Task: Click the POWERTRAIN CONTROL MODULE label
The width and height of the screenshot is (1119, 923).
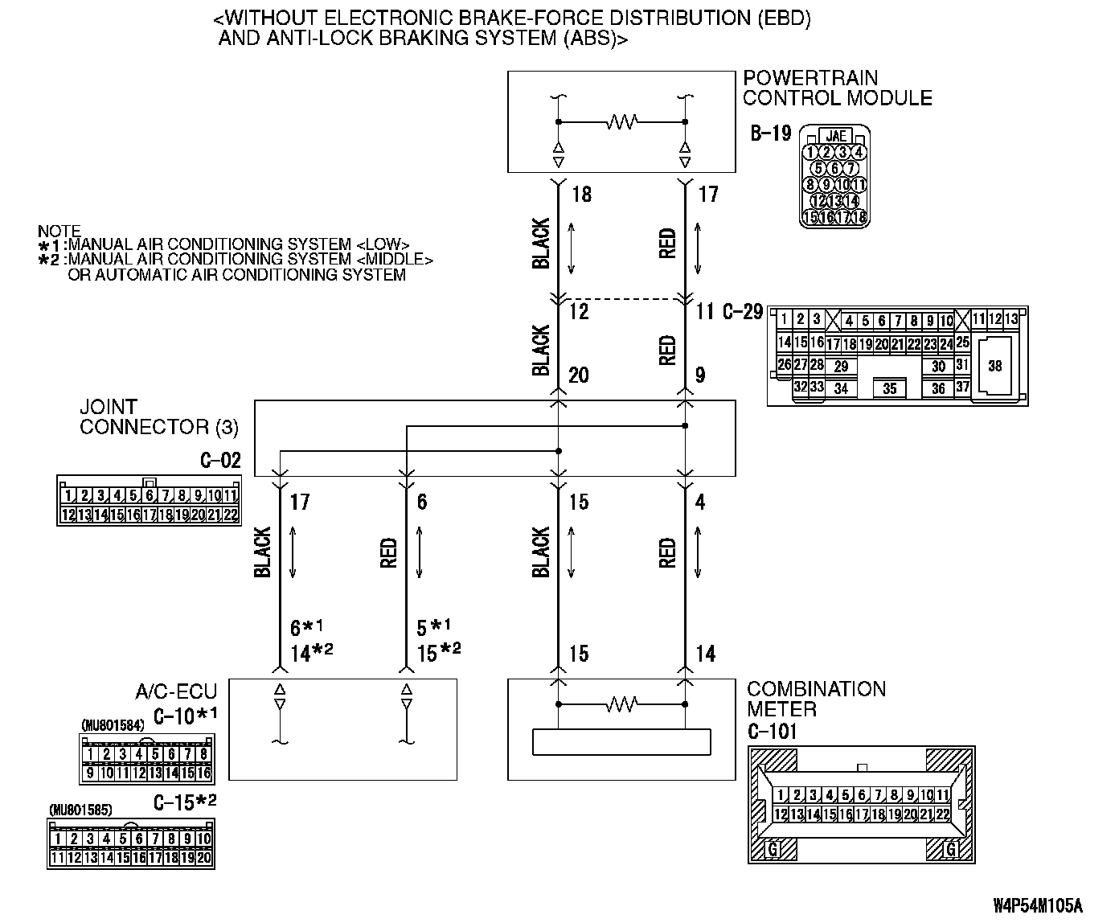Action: click(837, 88)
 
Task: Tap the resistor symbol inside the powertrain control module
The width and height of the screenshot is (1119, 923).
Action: click(621, 122)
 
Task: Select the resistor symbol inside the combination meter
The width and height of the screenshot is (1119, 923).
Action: click(621, 704)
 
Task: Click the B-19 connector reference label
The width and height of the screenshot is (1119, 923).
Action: click(770, 133)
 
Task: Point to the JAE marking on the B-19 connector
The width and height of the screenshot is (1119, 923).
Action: click(836, 136)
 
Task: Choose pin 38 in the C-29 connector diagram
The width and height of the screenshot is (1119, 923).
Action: click(995, 366)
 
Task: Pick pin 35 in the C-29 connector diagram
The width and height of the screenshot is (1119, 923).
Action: click(889, 389)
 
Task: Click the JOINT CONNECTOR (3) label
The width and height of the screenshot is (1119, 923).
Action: click(158, 416)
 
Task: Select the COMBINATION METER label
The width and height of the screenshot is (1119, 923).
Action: click(816, 699)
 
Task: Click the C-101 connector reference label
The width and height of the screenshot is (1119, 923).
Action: click(772, 732)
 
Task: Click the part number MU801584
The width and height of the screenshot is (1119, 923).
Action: click(113, 725)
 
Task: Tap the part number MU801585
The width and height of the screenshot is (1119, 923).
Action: click(80, 810)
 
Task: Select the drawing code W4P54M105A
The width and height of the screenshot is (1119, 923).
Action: click(1038, 906)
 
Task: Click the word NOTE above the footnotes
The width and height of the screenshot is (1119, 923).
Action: click(59, 232)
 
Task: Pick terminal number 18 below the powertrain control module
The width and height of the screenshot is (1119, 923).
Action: click(581, 195)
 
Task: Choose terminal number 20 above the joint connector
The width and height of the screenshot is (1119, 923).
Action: click(578, 375)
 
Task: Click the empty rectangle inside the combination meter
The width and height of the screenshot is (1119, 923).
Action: click(621, 741)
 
